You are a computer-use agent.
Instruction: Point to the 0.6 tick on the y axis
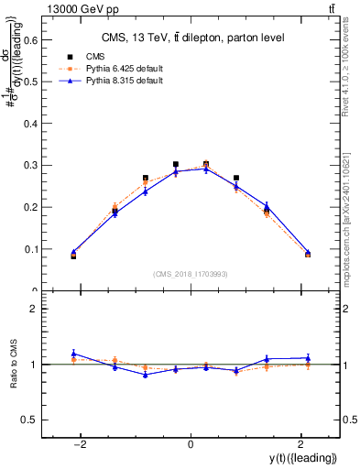coord(28,39)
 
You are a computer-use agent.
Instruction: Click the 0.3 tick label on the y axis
coord(28,165)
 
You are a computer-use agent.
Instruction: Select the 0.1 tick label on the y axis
coord(28,249)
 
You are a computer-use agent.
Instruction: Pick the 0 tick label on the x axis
coord(191,444)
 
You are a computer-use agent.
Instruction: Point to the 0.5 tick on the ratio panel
coord(28,420)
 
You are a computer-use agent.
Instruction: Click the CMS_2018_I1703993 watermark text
coord(191,274)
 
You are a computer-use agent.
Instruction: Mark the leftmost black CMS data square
coord(73,256)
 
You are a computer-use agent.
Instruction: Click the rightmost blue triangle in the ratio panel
coord(308,357)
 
